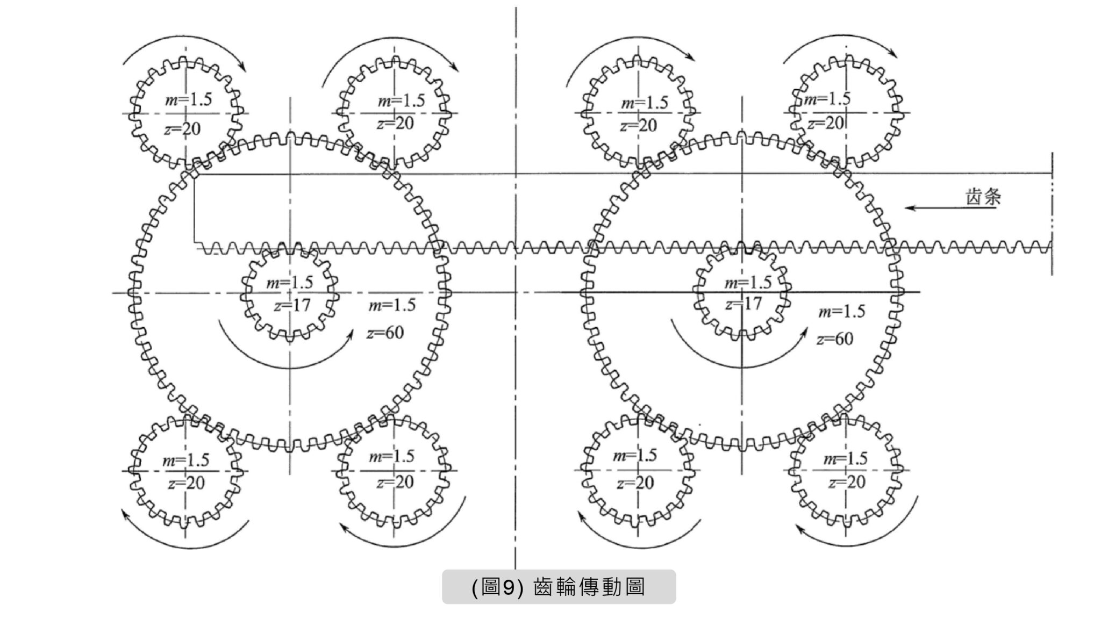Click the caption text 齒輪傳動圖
click(x=589, y=587)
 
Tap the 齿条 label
click(x=983, y=198)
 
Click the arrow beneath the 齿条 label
click(x=950, y=208)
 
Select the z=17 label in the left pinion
click(x=292, y=305)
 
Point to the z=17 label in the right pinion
click(x=743, y=304)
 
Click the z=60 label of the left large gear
click(x=385, y=333)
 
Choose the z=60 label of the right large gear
click(x=835, y=339)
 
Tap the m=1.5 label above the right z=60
click(x=841, y=311)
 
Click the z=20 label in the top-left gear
click(x=182, y=129)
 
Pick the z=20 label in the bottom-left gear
click(x=186, y=483)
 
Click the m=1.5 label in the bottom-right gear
click(x=846, y=458)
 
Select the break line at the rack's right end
click(x=1052, y=214)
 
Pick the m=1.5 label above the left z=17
click(x=290, y=282)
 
